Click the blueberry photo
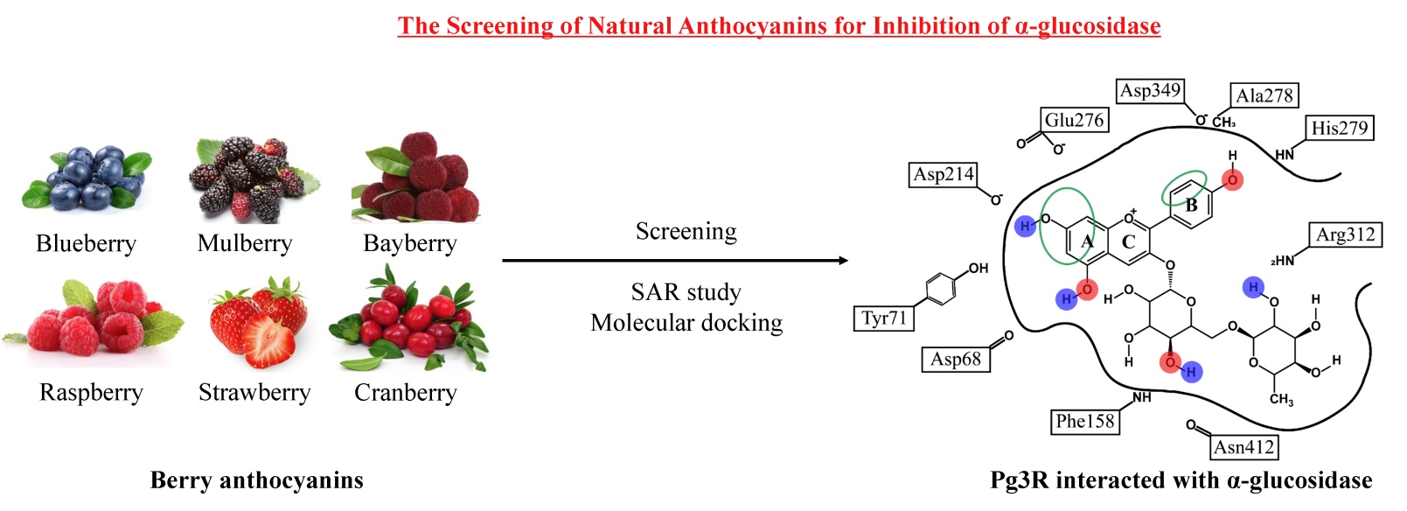(86, 178)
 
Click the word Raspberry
(91, 393)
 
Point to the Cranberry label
(405, 393)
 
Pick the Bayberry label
(409, 243)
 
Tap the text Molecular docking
(686, 323)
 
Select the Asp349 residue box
(1150, 91)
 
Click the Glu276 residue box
(1075, 121)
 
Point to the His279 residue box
(1339, 129)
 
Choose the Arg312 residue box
(1345, 235)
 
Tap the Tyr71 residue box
(883, 318)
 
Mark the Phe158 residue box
(1085, 422)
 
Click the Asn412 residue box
(1243, 448)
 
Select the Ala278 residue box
(1264, 96)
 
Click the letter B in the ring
(1191, 206)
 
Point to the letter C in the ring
(1128, 242)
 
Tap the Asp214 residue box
(943, 175)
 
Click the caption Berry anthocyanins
(256, 480)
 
